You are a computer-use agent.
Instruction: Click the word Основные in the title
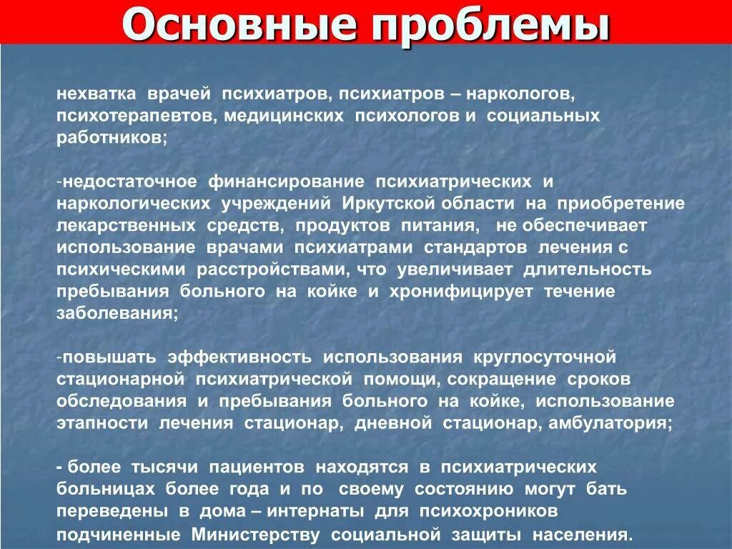pyautogui.click(x=239, y=24)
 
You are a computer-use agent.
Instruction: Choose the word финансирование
pyautogui.click(x=287, y=182)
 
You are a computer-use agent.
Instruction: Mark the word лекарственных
pyautogui.click(x=127, y=226)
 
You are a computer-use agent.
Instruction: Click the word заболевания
pyautogui.click(x=117, y=314)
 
